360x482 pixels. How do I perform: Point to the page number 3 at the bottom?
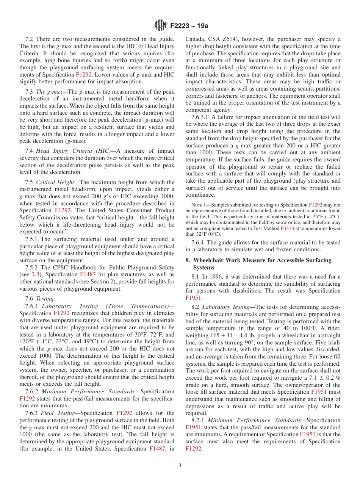click(x=180, y=466)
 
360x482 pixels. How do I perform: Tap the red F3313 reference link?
click(x=287, y=228)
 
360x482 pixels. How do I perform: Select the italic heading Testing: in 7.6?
click(x=46, y=299)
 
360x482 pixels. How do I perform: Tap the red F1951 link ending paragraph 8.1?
click(x=193, y=298)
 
